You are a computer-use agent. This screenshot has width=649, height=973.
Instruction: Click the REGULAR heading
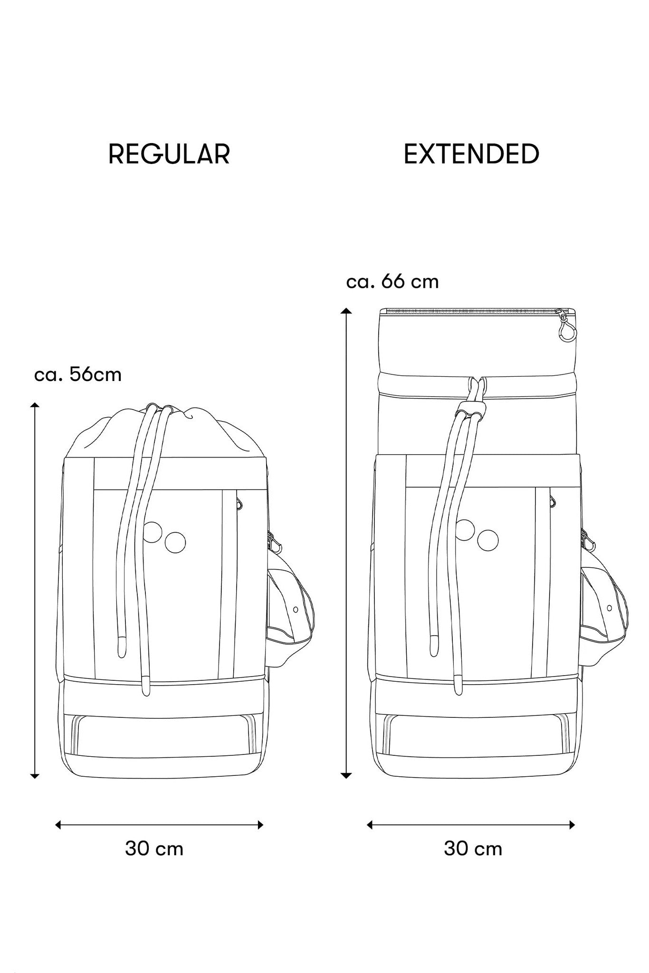[x=169, y=154]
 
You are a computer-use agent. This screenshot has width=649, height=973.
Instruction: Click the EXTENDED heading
[x=471, y=154]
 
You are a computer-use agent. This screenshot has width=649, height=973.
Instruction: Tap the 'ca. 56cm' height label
[x=78, y=375]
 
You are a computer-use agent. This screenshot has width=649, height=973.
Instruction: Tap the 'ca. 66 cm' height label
[x=392, y=282]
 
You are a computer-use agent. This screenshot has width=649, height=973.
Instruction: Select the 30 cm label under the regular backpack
[x=154, y=849]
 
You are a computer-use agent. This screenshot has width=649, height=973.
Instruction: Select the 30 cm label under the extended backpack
[x=473, y=849]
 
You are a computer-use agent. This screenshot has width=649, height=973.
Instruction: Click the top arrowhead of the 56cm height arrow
[x=35, y=405]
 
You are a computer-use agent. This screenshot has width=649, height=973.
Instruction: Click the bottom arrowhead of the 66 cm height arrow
[x=346, y=775]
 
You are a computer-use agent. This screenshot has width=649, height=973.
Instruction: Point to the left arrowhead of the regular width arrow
[x=58, y=825]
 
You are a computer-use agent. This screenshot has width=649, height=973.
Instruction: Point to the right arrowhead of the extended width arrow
[x=572, y=825]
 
